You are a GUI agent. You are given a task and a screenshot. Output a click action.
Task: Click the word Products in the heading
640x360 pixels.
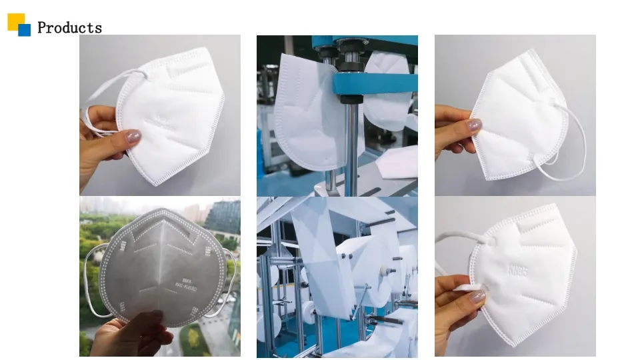pos(69,27)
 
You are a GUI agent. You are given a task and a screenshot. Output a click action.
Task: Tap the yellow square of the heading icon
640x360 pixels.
pos(15,21)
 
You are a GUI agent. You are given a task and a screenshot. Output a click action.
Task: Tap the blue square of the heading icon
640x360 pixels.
pos(25,30)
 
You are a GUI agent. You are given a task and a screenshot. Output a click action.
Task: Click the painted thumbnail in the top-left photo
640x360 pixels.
pos(133,137)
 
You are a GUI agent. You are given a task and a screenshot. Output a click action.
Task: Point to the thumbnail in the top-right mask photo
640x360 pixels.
pos(474,125)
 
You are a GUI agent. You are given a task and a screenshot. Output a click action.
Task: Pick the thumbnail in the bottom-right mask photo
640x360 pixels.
pos(477,297)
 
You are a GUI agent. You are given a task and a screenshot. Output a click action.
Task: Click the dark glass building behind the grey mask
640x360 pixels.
pos(224,217)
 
